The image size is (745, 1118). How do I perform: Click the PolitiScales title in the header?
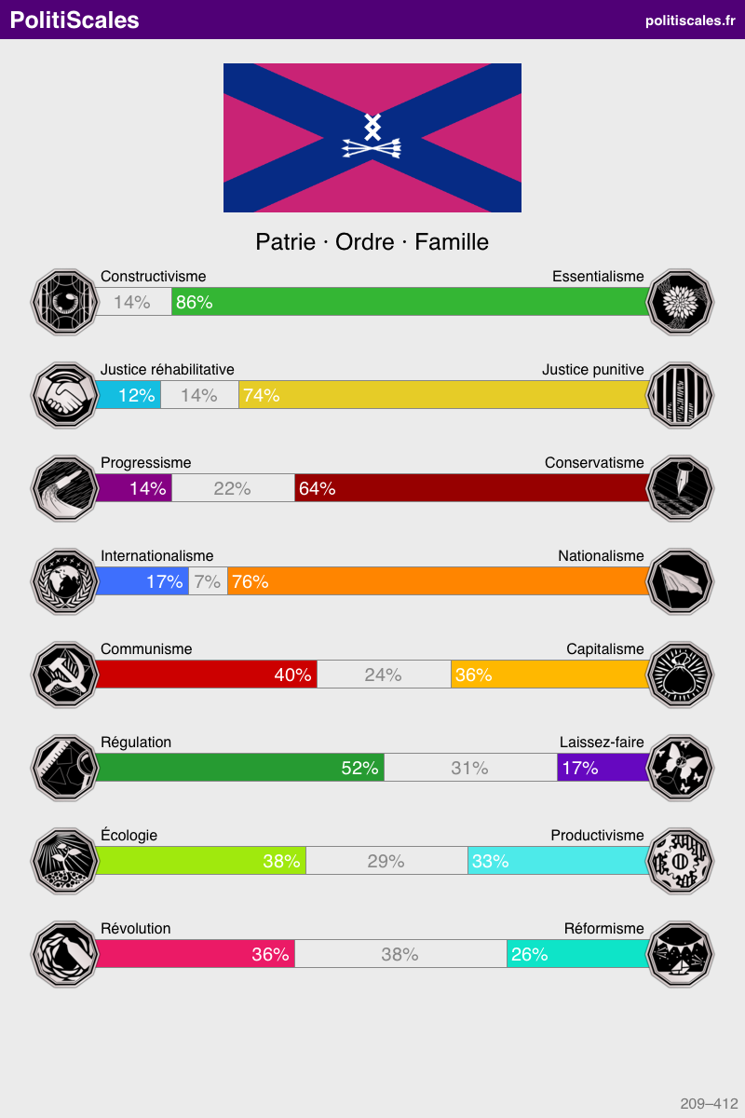(x=74, y=20)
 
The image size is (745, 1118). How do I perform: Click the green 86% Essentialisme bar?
(x=410, y=302)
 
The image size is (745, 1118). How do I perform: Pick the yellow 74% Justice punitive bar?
(x=443, y=395)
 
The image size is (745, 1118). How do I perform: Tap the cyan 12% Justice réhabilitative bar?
(x=129, y=395)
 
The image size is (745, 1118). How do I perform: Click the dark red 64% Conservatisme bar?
(x=471, y=488)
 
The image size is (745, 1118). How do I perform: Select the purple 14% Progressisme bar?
(x=134, y=488)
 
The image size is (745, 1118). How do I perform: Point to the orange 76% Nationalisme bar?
(x=438, y=581)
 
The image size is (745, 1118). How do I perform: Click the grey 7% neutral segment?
(x=208, y=581)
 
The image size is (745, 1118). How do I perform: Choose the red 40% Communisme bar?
(x=207, y=675)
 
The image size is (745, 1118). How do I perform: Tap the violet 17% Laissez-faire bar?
(x=603, y=768)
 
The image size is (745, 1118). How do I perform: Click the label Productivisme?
(x=597, y=836)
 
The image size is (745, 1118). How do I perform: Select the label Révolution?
(x=136, y=929)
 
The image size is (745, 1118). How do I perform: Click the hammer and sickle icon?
(x=63, y=675)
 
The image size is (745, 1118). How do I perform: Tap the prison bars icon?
(x=682, y=395)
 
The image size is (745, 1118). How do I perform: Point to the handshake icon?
(x=63, y=395)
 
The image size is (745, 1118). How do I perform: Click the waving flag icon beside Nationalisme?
(x=682, y=581)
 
